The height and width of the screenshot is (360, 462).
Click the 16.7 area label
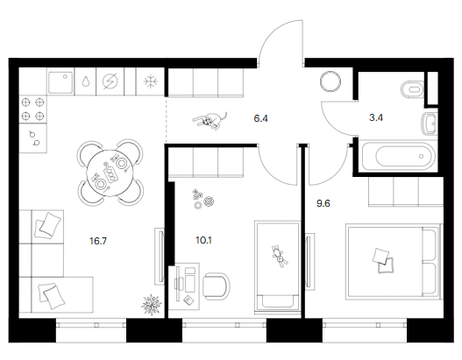98,242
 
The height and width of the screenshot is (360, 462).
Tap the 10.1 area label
203,241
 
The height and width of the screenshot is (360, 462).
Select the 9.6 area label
323,203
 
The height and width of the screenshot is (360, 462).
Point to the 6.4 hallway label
260,118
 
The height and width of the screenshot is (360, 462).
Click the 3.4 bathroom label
376,117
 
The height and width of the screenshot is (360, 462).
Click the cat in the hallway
210,121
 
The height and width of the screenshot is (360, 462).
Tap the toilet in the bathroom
412,88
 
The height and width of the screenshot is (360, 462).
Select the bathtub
398,157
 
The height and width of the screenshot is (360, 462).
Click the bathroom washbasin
430,124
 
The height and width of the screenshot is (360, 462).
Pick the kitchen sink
60,82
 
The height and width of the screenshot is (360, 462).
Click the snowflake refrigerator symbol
151,81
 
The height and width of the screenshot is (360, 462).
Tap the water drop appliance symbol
85,81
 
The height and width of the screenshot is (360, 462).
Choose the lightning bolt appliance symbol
110,81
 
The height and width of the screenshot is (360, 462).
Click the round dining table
110,173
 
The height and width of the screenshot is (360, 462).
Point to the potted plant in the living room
152,305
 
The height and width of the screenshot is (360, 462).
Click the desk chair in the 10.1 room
217,286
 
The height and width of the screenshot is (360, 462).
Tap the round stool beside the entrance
331,81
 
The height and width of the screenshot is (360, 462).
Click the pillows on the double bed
383,261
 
